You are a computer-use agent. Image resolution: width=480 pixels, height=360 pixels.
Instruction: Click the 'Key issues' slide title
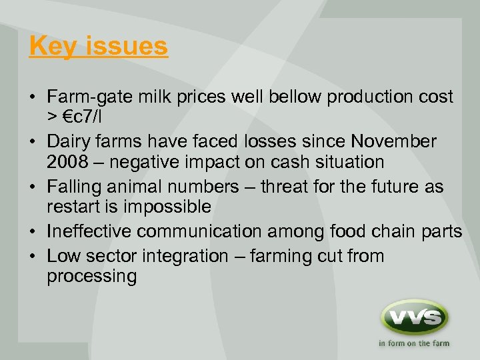pyautogui.click(x=99, y=47)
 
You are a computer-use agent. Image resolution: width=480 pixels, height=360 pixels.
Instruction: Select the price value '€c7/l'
pyautogui.click(x=85, y=116)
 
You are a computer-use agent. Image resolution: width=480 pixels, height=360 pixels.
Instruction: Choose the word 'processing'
pyautogui.click(x=91, y=276)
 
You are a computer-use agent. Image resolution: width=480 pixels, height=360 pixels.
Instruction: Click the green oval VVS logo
pyautogui.click(x=413, y=317)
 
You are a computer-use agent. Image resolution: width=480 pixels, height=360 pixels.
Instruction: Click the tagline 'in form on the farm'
pyautogui.click(x=414, y=344)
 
